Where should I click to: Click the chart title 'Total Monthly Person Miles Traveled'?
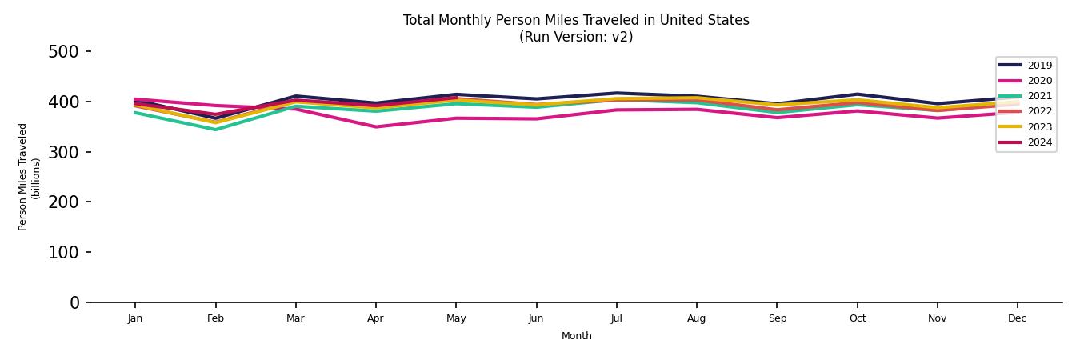[576, 20]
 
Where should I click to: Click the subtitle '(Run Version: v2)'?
[576, 37]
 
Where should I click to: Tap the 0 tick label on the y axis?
[74, 302]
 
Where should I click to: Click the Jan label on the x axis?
[135, 318]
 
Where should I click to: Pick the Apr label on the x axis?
[375, 318]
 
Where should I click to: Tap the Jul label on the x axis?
[616, 318]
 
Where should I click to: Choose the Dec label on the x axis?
[1017, 318]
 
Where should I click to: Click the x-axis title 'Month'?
[576, 336]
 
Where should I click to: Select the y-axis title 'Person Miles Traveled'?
[23, 177]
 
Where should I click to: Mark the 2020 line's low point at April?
[375, 126]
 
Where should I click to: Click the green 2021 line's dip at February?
[215, 130]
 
